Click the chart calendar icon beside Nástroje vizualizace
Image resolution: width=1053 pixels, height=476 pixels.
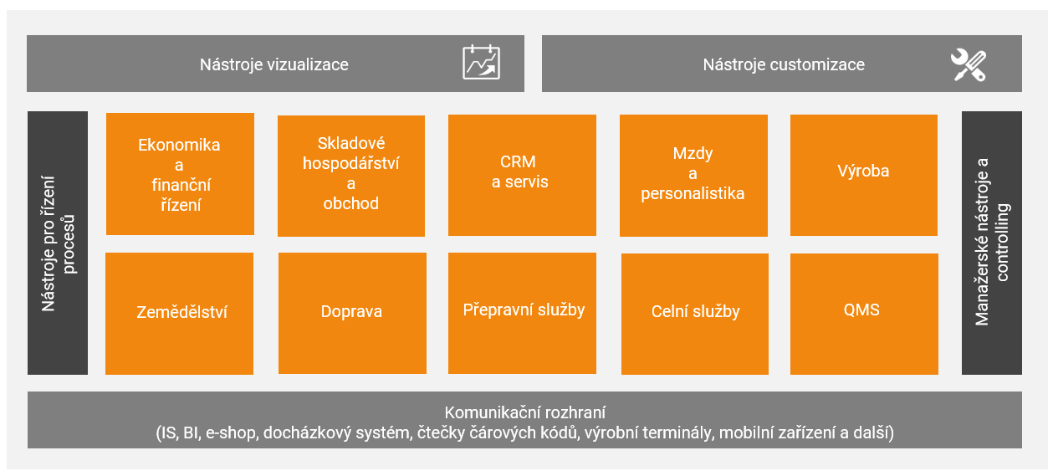click(x=482, y=62)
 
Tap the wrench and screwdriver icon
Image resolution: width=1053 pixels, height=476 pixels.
click(x=969, y=65)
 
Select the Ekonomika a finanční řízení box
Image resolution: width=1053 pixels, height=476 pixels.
click(x=180, y=174)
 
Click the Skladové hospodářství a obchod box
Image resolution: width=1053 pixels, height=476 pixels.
click(x=351, y=176)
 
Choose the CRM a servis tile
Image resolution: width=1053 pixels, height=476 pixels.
click(x=522, y=175)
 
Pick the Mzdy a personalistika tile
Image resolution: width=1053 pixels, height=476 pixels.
click(x=693, y=176)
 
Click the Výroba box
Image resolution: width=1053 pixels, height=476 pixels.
click(x=864, y=175)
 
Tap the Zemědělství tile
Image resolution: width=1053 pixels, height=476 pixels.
click(x=179, y=314)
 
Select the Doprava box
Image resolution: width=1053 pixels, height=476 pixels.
click(x=353, y=313)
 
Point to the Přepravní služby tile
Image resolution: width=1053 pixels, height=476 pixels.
click(x=522, y=313)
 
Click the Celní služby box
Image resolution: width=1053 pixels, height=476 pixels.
click(x=695, y=315)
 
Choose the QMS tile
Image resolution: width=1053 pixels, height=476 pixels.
click(x=864, y=315)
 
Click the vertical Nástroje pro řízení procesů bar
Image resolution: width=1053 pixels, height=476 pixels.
click(x=58, y=243)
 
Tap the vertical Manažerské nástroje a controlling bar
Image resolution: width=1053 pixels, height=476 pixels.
click(x=992, y=243)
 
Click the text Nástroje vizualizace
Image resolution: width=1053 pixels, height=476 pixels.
click(x=274, y=64)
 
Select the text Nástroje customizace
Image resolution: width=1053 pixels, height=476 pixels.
click(x=784, y=64)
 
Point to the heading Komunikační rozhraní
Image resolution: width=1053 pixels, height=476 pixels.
click(x=525, y=412)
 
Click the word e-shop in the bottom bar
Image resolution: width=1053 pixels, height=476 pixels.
click(x=233, y=432)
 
